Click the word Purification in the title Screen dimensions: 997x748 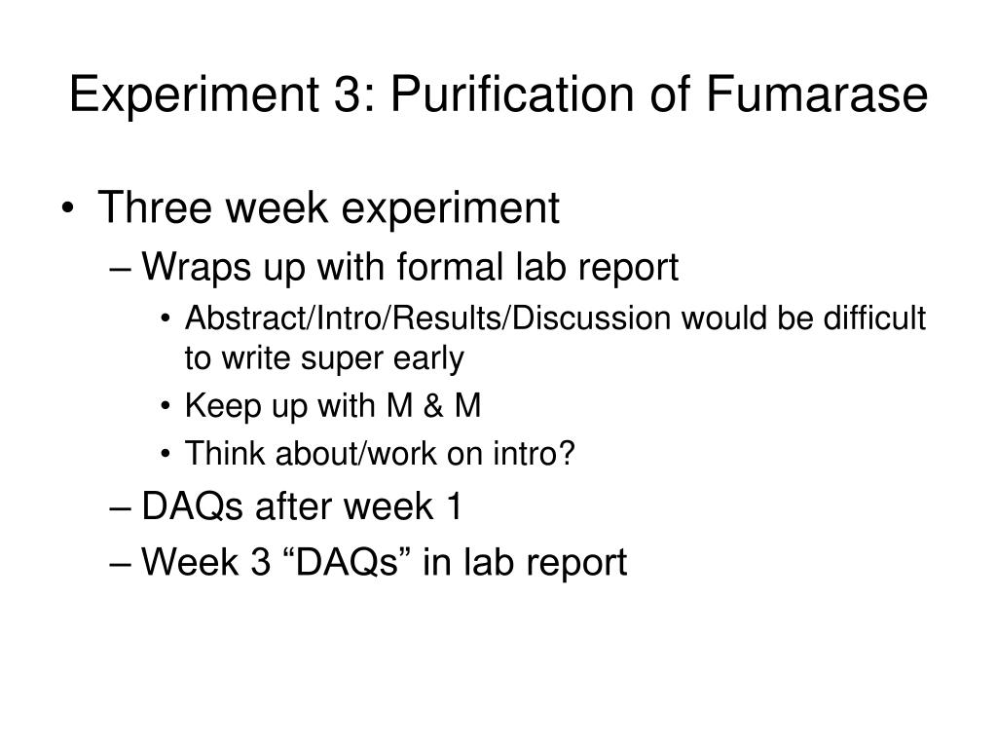tap(512, 94)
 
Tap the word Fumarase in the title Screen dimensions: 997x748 tap(817, 94)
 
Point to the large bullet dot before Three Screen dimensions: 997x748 tap(68, 208)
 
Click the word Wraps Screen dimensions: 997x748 tap(197, 267)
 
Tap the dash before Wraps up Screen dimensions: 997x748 tap(121, 269)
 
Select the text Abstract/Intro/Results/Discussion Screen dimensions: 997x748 tap(427, 318)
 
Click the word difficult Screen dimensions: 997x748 tap(874, 318)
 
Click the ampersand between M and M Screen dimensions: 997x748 tap(433, 406)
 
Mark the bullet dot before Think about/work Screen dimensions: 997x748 tap(166, 454)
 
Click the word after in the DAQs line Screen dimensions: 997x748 tap(294, 506)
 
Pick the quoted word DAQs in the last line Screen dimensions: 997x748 tap(347, 562)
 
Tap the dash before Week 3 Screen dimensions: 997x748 tap(121, 565)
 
